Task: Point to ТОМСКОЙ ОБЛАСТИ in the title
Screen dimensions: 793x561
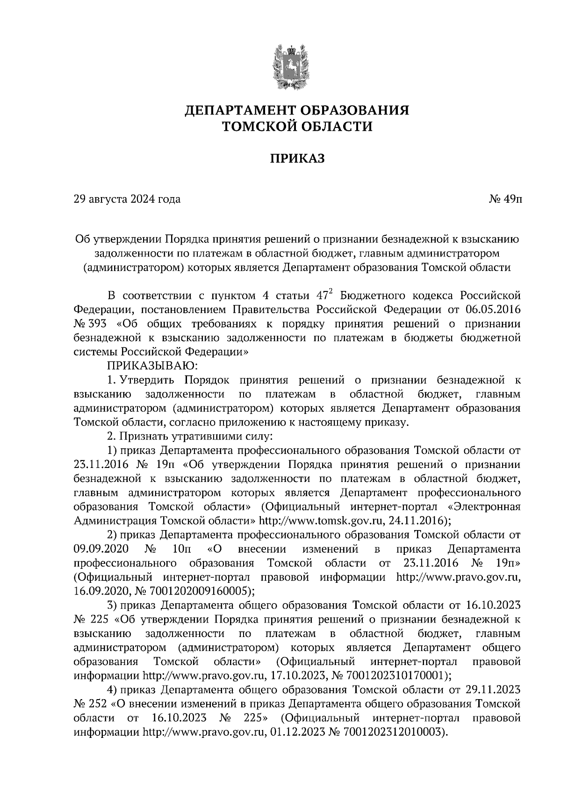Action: tap(297, 127)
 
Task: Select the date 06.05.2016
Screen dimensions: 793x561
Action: tap(493, 310)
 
